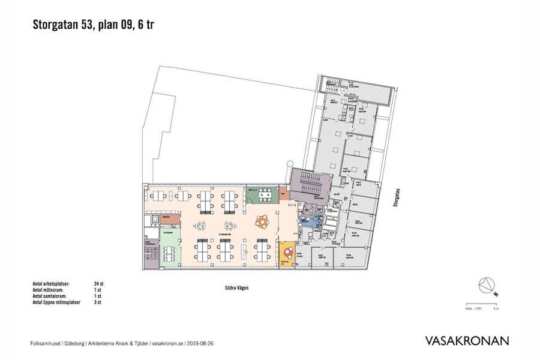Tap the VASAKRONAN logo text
(467, 341)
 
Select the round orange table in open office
(262, 222)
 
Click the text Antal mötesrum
(50, 290)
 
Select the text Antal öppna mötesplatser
(59, 303)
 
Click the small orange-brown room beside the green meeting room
(283, 195)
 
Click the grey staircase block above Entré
(310, 182)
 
